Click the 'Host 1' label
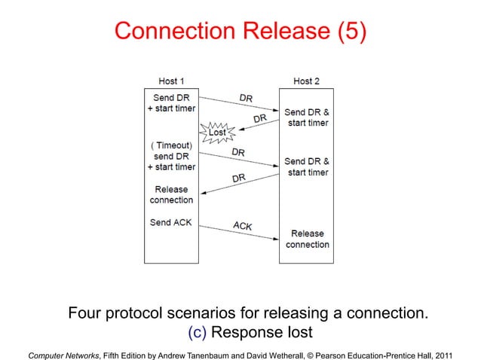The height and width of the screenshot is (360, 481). point(171,81)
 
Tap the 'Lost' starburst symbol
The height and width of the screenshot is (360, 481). point(217,132)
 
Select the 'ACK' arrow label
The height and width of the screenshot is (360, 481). point(242,225)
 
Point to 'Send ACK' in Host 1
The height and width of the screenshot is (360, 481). point(171,223)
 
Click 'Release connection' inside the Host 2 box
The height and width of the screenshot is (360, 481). point(307,239)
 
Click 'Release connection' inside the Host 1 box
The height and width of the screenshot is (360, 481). point(171,194)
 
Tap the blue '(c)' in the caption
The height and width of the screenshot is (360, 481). point(195,332)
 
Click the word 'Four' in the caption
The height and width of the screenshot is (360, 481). point(84,313)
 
